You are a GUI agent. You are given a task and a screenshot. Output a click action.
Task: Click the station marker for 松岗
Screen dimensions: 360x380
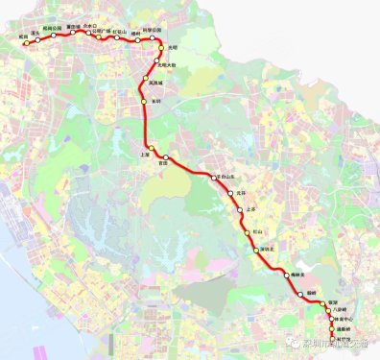(27, 43)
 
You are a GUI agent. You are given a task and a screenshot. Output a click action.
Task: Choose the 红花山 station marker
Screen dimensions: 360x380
(115, 37)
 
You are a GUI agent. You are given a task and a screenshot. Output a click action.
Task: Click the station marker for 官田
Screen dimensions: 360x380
(166, 156)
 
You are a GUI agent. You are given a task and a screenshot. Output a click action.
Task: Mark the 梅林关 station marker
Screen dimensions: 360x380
(287, 276)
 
